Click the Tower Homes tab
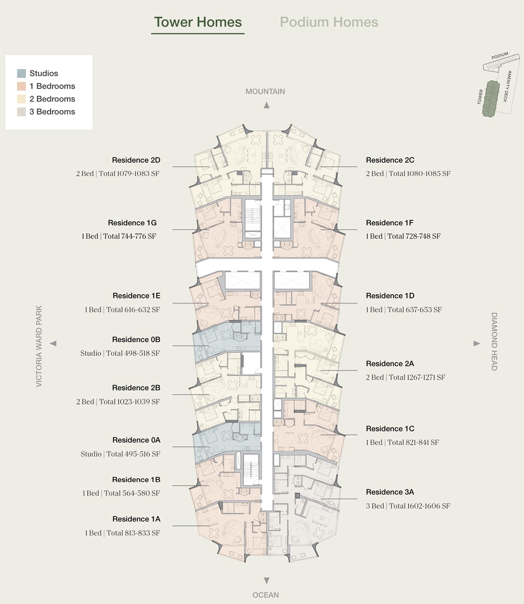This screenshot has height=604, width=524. click(x=198, y=22)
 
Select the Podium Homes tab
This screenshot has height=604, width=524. click(x=329, y=22)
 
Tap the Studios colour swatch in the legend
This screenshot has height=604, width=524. click(x=21, y=73)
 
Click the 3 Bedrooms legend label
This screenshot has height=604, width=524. click(x=52, y=112)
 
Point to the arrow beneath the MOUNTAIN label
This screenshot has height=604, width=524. click(x=267, y=105)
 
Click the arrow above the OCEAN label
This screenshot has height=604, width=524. click(x=267, y=581)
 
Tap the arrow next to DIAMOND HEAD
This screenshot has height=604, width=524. click(x=477, y=343)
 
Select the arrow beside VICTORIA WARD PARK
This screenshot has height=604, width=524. click(x=53, y=343)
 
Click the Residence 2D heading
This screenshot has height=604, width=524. click(x=136, y=160)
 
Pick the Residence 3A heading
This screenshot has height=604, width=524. click(x=390, y=492)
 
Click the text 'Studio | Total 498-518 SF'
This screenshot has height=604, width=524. click(x=120, y=353)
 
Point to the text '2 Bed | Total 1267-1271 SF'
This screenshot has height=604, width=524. click(x=405, y=377)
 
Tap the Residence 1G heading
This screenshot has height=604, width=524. click(x=132, y=223)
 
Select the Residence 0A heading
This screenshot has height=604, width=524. click(x=136, y=440)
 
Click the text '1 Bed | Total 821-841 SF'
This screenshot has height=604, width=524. click(x=402, y=442)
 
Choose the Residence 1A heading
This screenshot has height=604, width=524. click(x=136, y=519)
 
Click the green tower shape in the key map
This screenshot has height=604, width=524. click(x=491, y=99)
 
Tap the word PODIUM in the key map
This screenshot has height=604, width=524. click(x=500, y=56)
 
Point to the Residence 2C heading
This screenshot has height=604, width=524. click(x=390, y=160)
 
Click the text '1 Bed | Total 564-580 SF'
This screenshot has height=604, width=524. click(x=121, y=493)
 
